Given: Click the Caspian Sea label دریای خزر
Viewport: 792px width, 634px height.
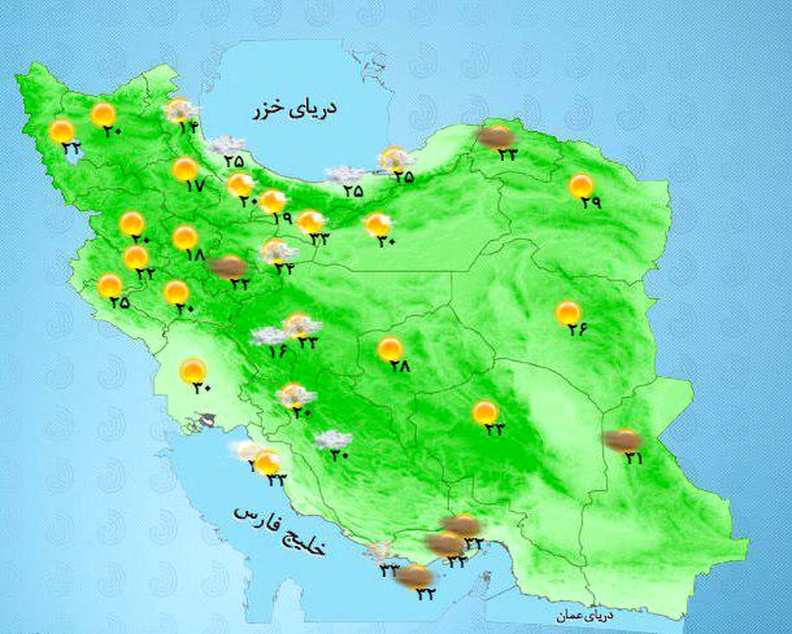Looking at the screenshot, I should (x=294, y=110).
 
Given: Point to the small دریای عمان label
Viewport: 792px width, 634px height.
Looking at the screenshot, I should (x=584, y=616).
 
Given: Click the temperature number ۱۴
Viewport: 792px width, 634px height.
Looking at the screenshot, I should (x=189, y=128).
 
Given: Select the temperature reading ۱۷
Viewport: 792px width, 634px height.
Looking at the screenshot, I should (x=196, y=186).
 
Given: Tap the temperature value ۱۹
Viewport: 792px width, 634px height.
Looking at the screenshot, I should (x=282, y=218).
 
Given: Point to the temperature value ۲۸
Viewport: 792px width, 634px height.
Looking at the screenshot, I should (x=399, y=366).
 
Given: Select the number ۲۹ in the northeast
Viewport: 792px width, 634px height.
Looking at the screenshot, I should (x=591, y=203).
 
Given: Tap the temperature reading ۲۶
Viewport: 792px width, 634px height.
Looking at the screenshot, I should (x=577, y=330).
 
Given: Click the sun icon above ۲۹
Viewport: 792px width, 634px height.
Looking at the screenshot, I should (x=581, y=185).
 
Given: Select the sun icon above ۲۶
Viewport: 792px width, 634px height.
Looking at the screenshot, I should (x=568, y=312).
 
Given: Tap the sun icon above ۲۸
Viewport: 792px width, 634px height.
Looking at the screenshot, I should (x=390, y=348).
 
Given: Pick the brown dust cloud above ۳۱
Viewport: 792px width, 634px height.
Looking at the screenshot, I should (x=622, y=439).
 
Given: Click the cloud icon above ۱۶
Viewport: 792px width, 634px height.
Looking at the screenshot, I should (x=270, y=335).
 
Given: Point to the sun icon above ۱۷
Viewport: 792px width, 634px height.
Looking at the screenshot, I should (x=185, y=169).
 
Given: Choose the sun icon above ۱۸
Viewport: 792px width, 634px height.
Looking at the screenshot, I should (x=185, y=237).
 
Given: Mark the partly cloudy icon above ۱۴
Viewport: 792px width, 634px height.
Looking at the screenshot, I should (x=180, y=110).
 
